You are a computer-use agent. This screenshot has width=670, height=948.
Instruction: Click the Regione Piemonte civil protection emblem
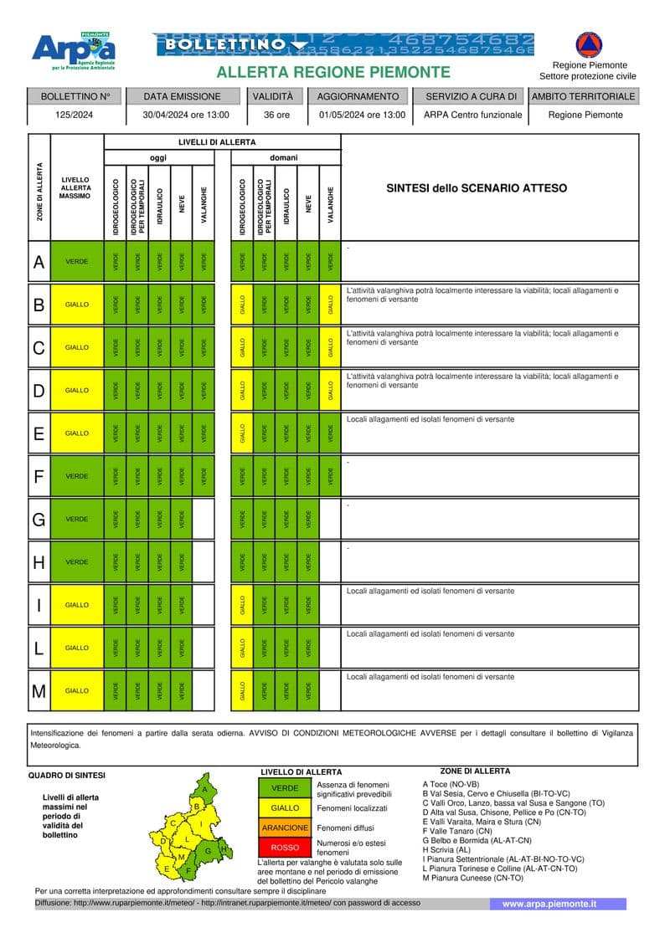click(x=588, y=44)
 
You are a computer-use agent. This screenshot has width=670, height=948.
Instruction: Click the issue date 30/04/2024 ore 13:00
click(x=186, y=115)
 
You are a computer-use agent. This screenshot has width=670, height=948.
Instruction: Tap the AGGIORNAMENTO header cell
click(x=358, y=96)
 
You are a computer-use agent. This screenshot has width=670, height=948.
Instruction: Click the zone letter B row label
click(x=39, y=305)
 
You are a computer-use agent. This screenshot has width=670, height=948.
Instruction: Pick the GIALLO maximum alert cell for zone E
click(x=77, y=433)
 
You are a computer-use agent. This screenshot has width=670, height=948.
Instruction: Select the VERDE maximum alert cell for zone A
click(x=77, y=262)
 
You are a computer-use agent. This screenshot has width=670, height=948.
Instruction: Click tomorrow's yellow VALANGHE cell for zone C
click(x=331, y=347)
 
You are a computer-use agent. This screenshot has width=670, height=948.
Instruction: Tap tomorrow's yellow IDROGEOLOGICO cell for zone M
click(x=242, y=691)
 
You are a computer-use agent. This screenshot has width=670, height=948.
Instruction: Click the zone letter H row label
click(x=39, y=562)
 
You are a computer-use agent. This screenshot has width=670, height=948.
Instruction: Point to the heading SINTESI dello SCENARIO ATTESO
click(x=477, y=188)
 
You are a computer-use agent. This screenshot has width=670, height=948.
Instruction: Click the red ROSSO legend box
click(x=285, y=848)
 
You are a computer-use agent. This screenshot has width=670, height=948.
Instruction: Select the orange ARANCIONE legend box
click(x=285, y=828)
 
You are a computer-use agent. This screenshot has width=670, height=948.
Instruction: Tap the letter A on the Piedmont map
click(x=204, y=789)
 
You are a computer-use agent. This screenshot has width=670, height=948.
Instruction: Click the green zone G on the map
click(x=208, y=850)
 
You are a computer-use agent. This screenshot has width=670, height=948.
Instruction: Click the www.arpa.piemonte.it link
click(x=549, y=904)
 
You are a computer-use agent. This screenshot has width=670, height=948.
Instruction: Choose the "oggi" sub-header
click(x=158, y=157)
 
